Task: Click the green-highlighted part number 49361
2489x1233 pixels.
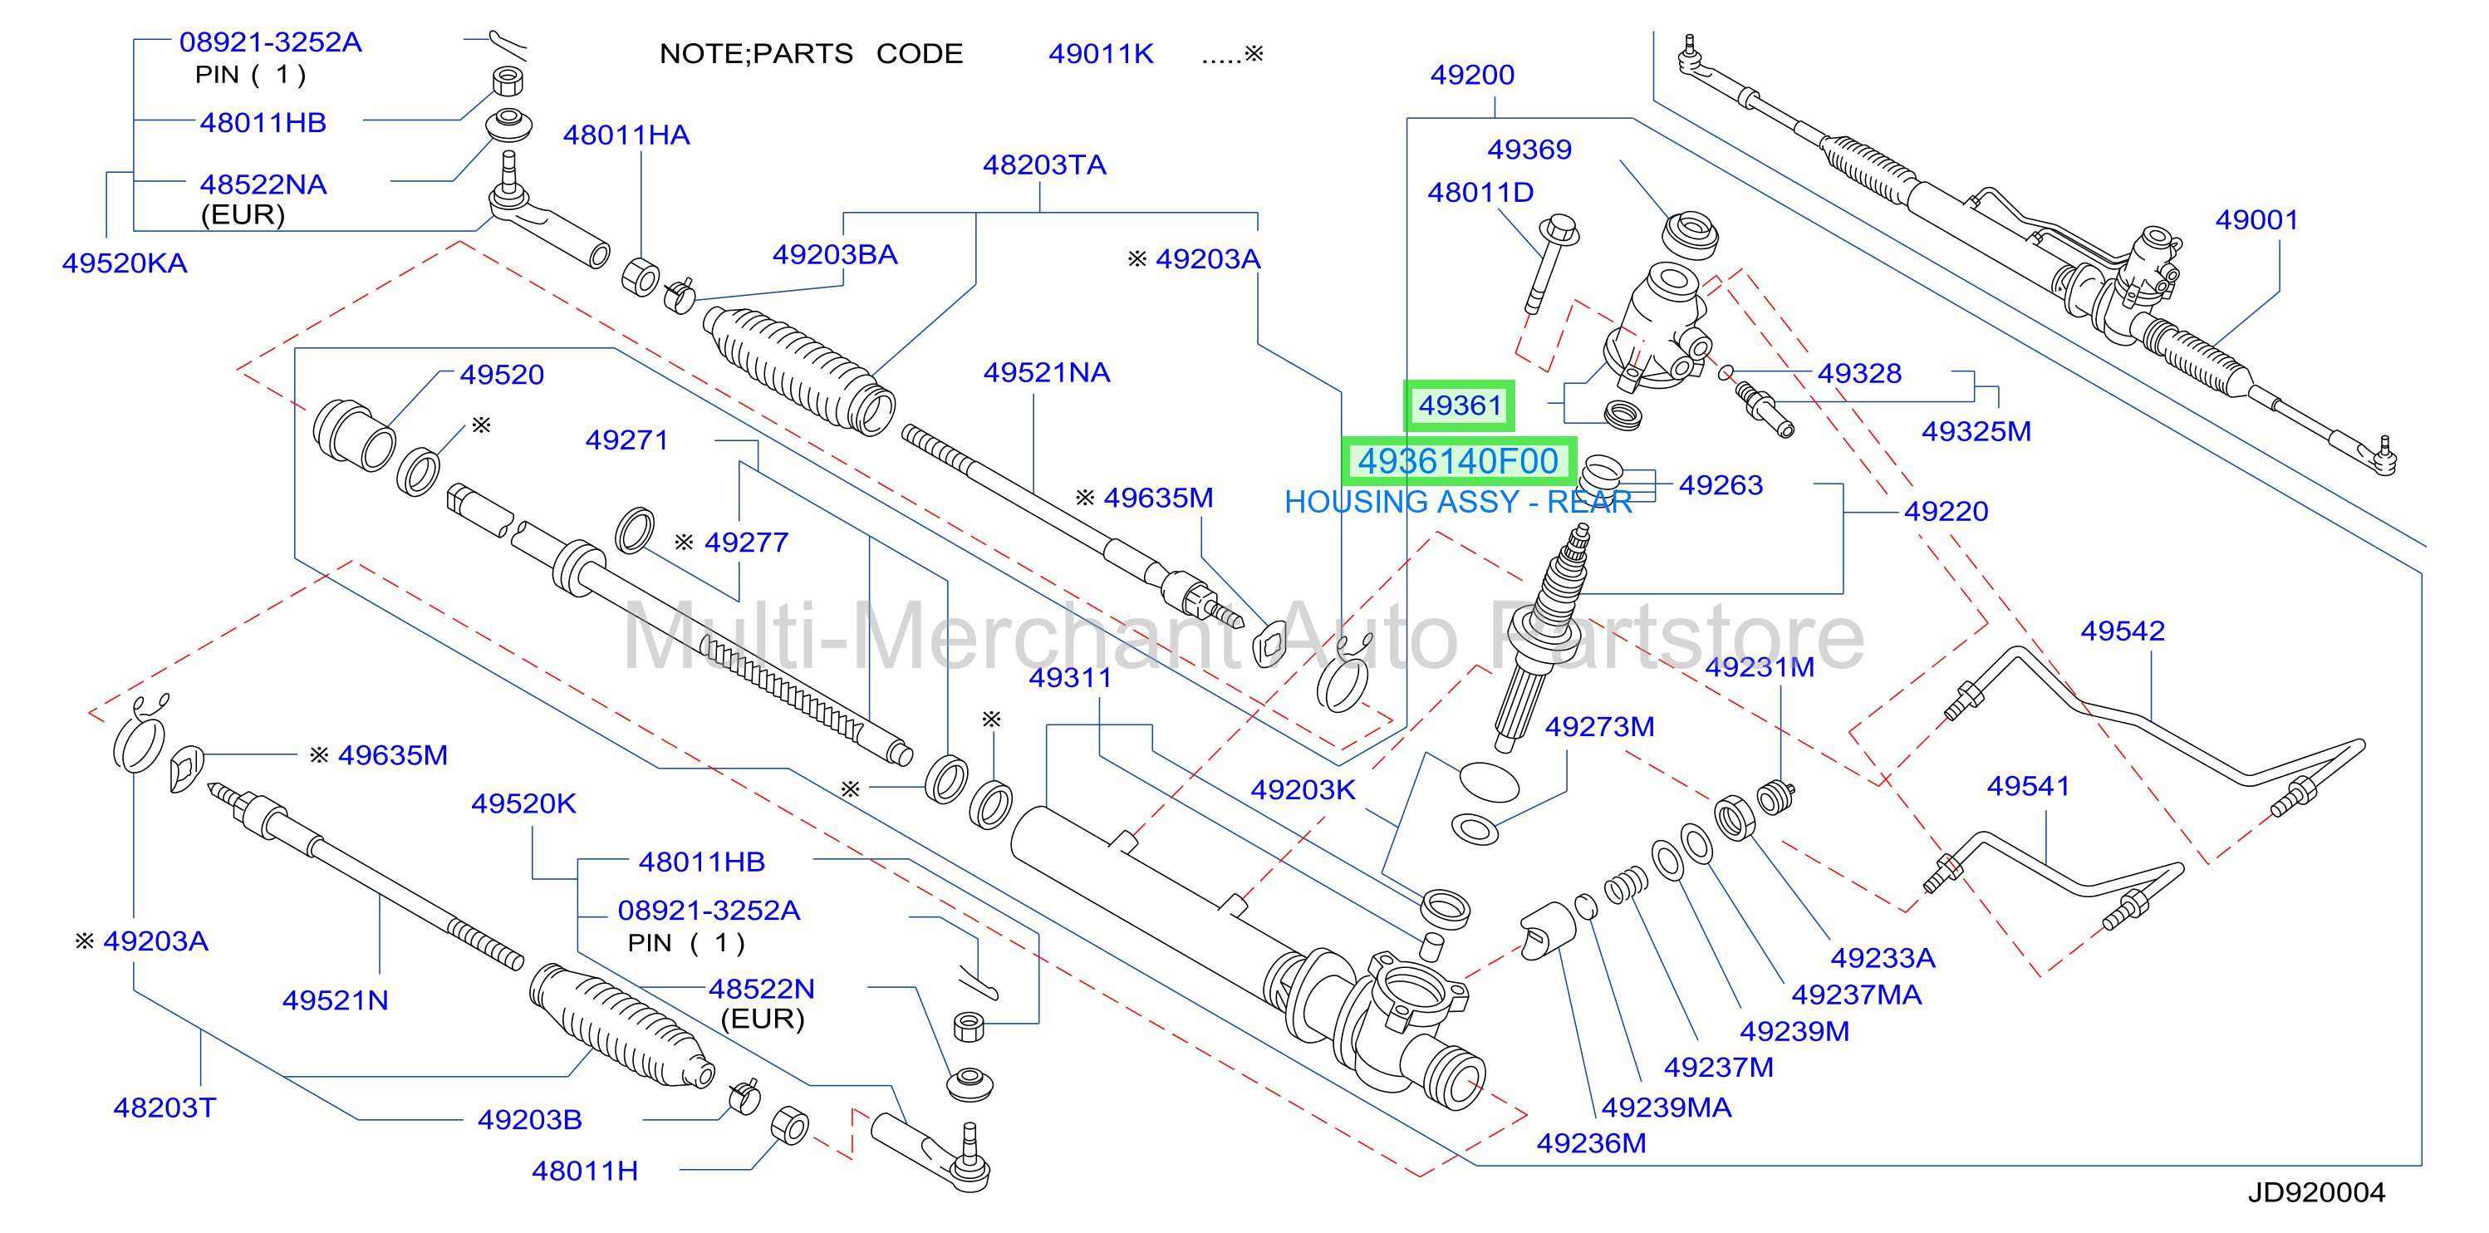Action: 1459,405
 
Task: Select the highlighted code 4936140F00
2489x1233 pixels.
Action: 1459,462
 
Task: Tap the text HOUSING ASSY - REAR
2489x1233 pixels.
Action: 1458,503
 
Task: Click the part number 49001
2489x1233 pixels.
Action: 2256,220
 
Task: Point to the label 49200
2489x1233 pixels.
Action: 1471,76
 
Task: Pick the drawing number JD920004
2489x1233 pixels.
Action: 2316,1192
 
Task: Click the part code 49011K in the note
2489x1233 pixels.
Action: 1101,54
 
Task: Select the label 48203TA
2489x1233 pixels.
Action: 1043,165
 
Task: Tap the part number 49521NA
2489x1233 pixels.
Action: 1047,373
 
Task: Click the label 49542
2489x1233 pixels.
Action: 2122,631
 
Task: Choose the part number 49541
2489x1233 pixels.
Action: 2027,787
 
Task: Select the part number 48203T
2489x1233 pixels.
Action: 164,1108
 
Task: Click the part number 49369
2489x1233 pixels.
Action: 1529,150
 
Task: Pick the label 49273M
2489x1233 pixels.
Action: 1599,727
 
